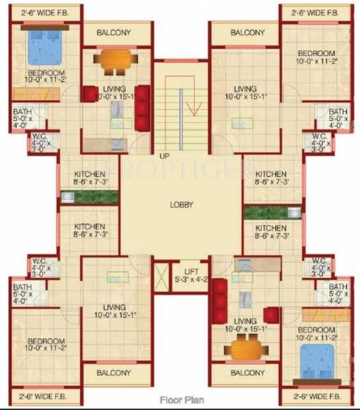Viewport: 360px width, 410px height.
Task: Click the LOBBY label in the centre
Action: click(x=181, y=204)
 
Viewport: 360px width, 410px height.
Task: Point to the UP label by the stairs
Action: click(x=164, y=156)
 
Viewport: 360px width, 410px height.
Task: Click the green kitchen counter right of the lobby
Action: click(x=272, y=212)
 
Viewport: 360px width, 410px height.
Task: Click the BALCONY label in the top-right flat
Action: click(x=247, y=33)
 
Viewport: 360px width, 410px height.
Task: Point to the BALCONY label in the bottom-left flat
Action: click(x=113, y=373)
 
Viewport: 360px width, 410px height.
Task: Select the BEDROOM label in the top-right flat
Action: click(x=316, y=53)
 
